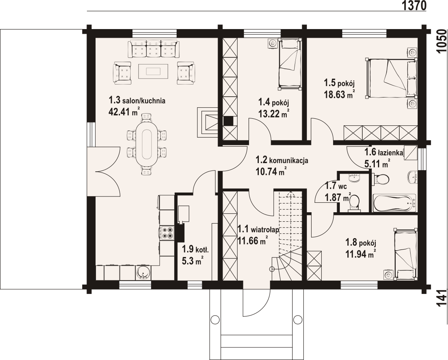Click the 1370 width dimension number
pyautogui.click(x=414, y=6)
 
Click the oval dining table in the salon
pyautogui.click(x=147, y=144)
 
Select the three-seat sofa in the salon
pyautogui.click(x=154, y=49)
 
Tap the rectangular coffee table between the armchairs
pyautogui.click(x=154, y=71)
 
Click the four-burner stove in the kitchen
pyautogui.click(x=167, y=232)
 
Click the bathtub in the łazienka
pyautogui.click(x=395, y=203)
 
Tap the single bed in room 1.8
pyautogui.click(x=406, y=254)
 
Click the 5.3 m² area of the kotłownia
pyautogui.click(x=192, y=260)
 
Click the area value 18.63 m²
pyautogui.click(x=339, y=94)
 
